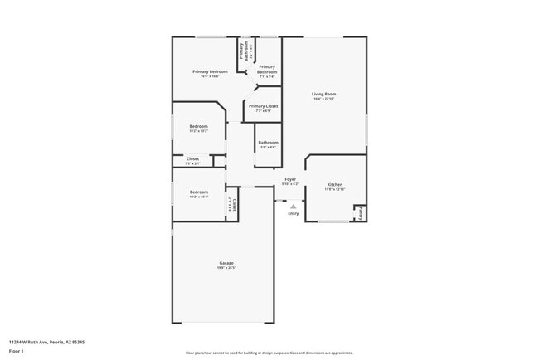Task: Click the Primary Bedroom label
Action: (x=210, y=72)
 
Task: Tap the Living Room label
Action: (x=323, y=94)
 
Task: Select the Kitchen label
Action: (x=334, y=184)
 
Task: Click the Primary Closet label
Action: (x=264, y=106)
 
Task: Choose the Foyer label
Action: (x=290, y=179)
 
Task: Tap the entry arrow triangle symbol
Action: (x=293, y=206)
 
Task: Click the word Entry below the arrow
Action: (x=293, y=214)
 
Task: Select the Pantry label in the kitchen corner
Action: (x=360, y=213)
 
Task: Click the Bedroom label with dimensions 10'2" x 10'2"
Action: (x=198, y=126)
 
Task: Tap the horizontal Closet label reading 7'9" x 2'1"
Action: (x=192, y=158)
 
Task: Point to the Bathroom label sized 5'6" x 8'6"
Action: (x=268, y=142)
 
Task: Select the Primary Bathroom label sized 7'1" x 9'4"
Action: (x=266, y=69)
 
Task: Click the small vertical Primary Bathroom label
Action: (x=244, y=51)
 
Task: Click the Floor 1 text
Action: (x=17, y=351)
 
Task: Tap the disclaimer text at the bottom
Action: (x=269, y=353)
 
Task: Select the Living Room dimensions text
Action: (x=323, y=99)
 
